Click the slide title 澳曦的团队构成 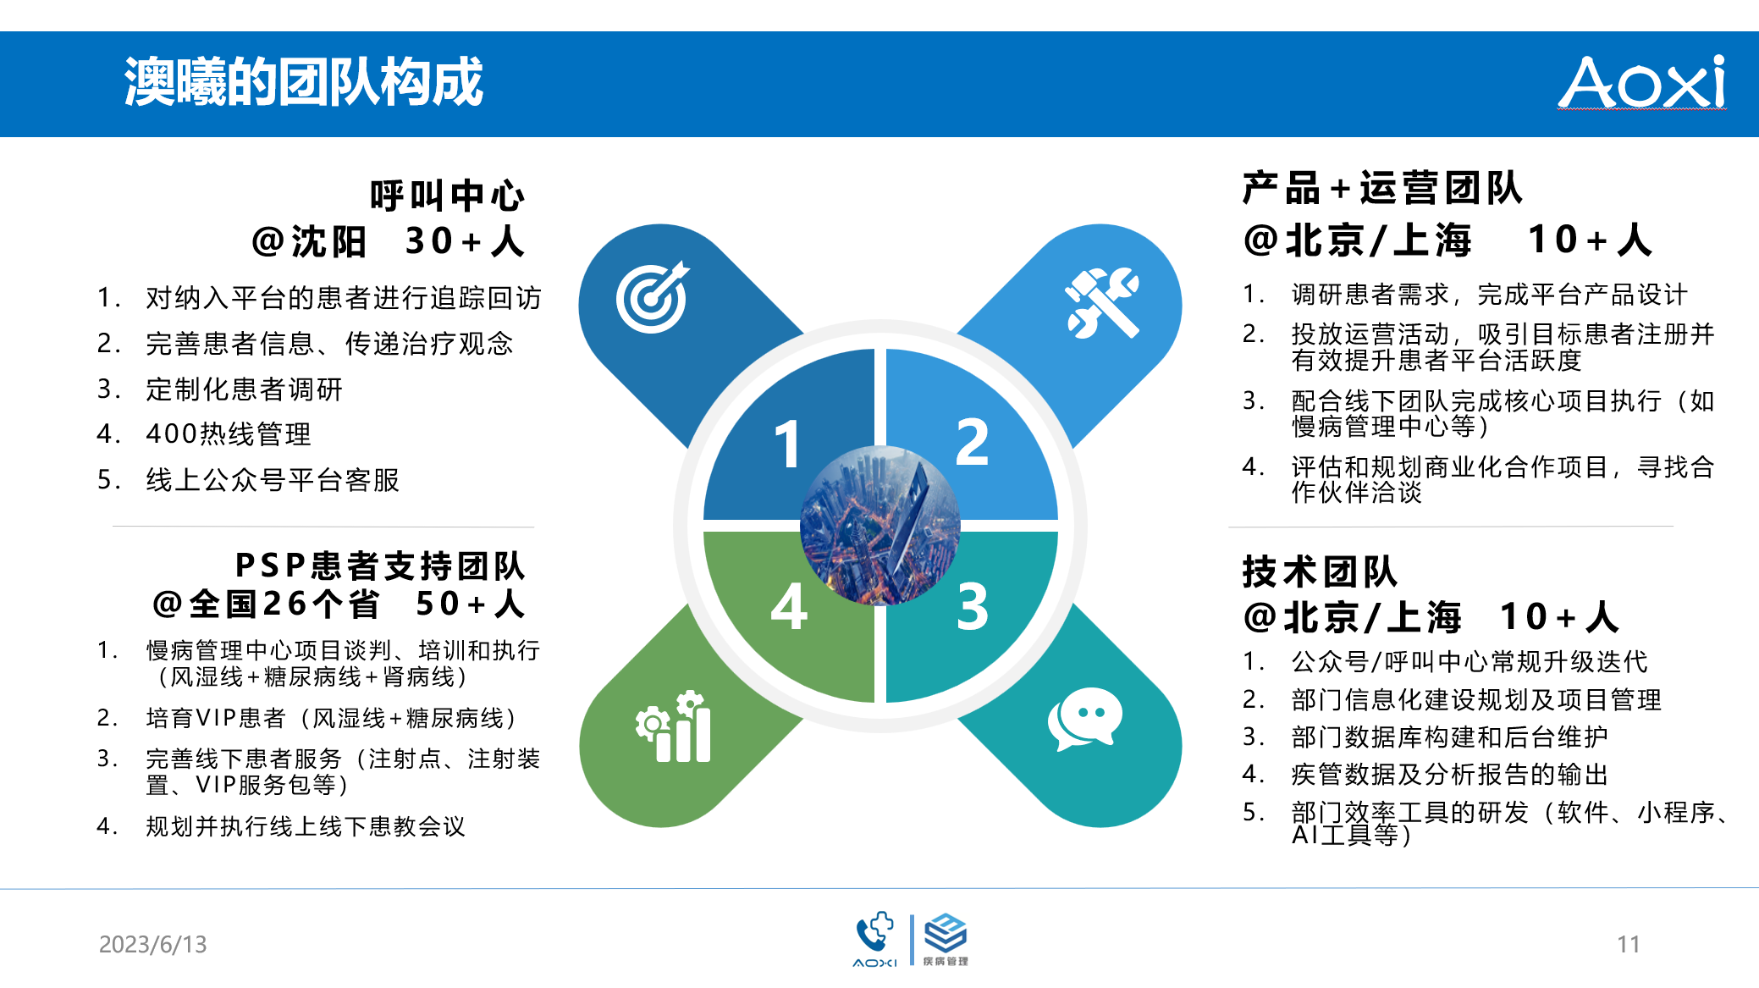tap(303, 82)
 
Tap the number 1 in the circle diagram tap(787, 444)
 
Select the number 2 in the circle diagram tap(972, 442)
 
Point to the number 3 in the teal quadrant tap(973, 606)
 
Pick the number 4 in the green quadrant tap(789, 606)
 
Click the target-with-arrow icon tap(653, 297)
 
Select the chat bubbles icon tap(1085, 719)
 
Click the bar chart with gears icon tap(674, 726)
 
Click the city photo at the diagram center tap(880, 526)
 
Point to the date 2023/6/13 tap(153, 944)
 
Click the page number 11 tap(1629, 944)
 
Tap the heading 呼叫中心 tap(447, 196)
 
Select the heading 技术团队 tap(1320, 571)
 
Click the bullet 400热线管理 tap(229, 434)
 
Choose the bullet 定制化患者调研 tap(244, 389)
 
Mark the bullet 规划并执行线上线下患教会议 tap(306, 826)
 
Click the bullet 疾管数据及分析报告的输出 tap(1449, 775)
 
